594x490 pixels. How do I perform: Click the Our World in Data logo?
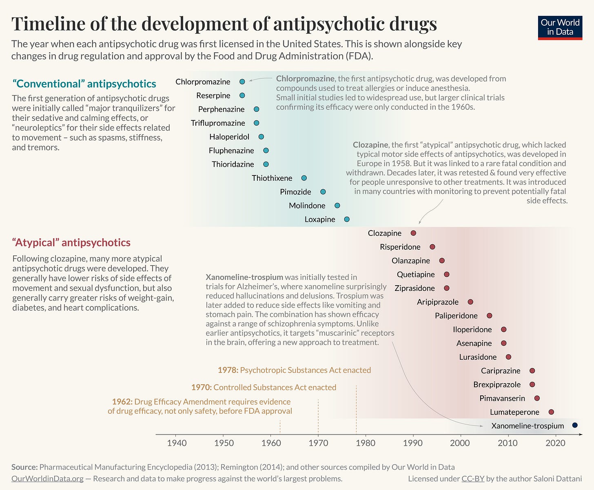point(560,27)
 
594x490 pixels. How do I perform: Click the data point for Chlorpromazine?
point(242,82)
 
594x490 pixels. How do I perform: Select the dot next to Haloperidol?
point(261,137)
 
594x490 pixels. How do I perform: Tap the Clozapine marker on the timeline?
point(413,233)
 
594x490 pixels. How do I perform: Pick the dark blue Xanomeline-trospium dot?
point(575,425)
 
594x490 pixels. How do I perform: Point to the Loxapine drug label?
point(319,220)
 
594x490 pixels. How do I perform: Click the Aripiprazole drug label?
point(437,302)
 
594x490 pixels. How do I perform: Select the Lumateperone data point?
point(551,412)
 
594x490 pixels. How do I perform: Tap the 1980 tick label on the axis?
point(366,443)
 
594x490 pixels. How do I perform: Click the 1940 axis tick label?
point(177,443)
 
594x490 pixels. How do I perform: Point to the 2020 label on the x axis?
point(555,443)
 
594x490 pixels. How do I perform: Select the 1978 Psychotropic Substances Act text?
point(294,370)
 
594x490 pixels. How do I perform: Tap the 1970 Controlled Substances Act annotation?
point(264,387)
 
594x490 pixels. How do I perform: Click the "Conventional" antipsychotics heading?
point(84,84)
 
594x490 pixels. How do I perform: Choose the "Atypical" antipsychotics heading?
point(71,242)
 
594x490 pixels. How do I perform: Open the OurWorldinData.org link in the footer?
point(47,479)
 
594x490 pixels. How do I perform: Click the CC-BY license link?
point(472,479)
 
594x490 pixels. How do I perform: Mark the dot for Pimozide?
point(323,192)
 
